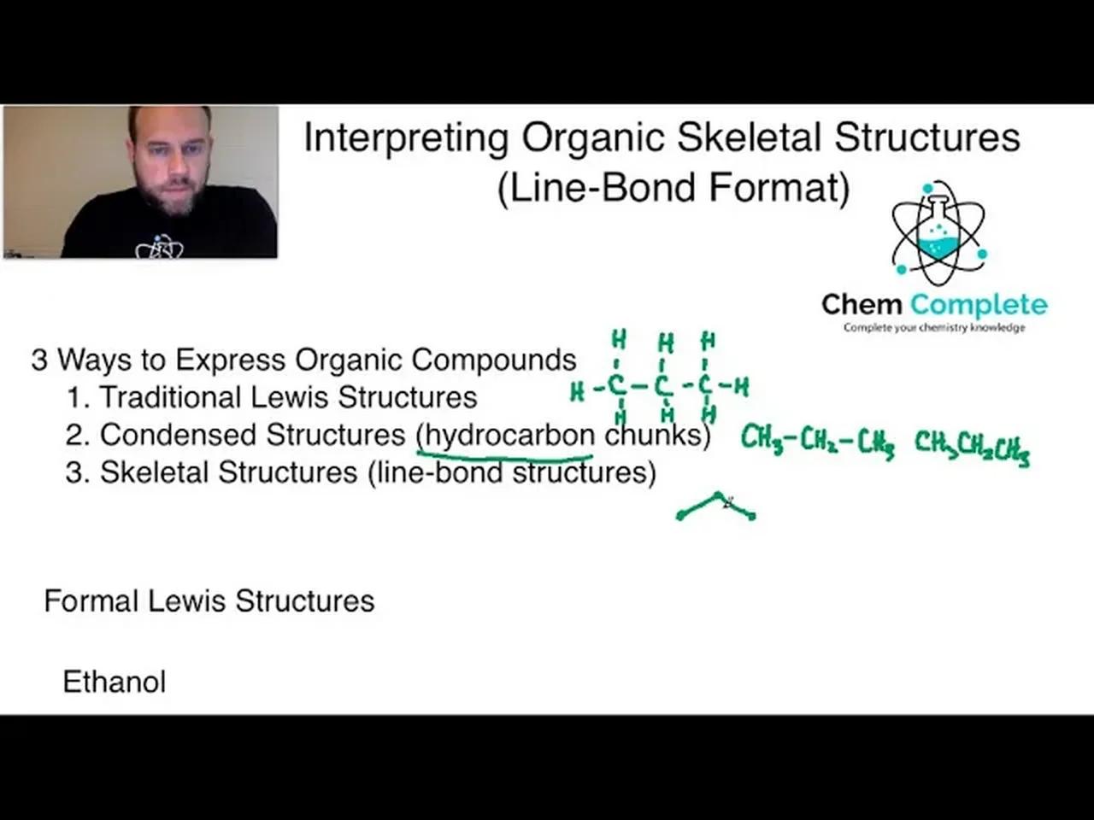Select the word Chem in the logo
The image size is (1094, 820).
[x=862, y=304]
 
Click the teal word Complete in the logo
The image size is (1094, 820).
[x=979, y=304]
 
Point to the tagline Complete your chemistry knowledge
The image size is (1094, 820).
[x=934, y=327]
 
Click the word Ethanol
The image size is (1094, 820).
[x=115, y=682]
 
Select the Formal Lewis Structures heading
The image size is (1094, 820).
[x=209, y=600]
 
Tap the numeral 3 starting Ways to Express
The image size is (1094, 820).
[x=39, y=360]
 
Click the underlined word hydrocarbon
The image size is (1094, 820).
[x=509, y=435]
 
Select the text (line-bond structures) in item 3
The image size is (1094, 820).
[x=512, y=472]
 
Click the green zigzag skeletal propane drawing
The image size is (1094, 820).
[x=716, y=507]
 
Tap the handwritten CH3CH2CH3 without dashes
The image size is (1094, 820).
[x=972, y=446]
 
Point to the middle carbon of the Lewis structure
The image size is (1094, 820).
[x=663, y=387]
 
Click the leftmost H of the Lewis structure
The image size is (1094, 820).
[x=578, y=391]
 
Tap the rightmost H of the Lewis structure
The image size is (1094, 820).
[x=741, y=387]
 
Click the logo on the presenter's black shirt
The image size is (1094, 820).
[x=159, y=247]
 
